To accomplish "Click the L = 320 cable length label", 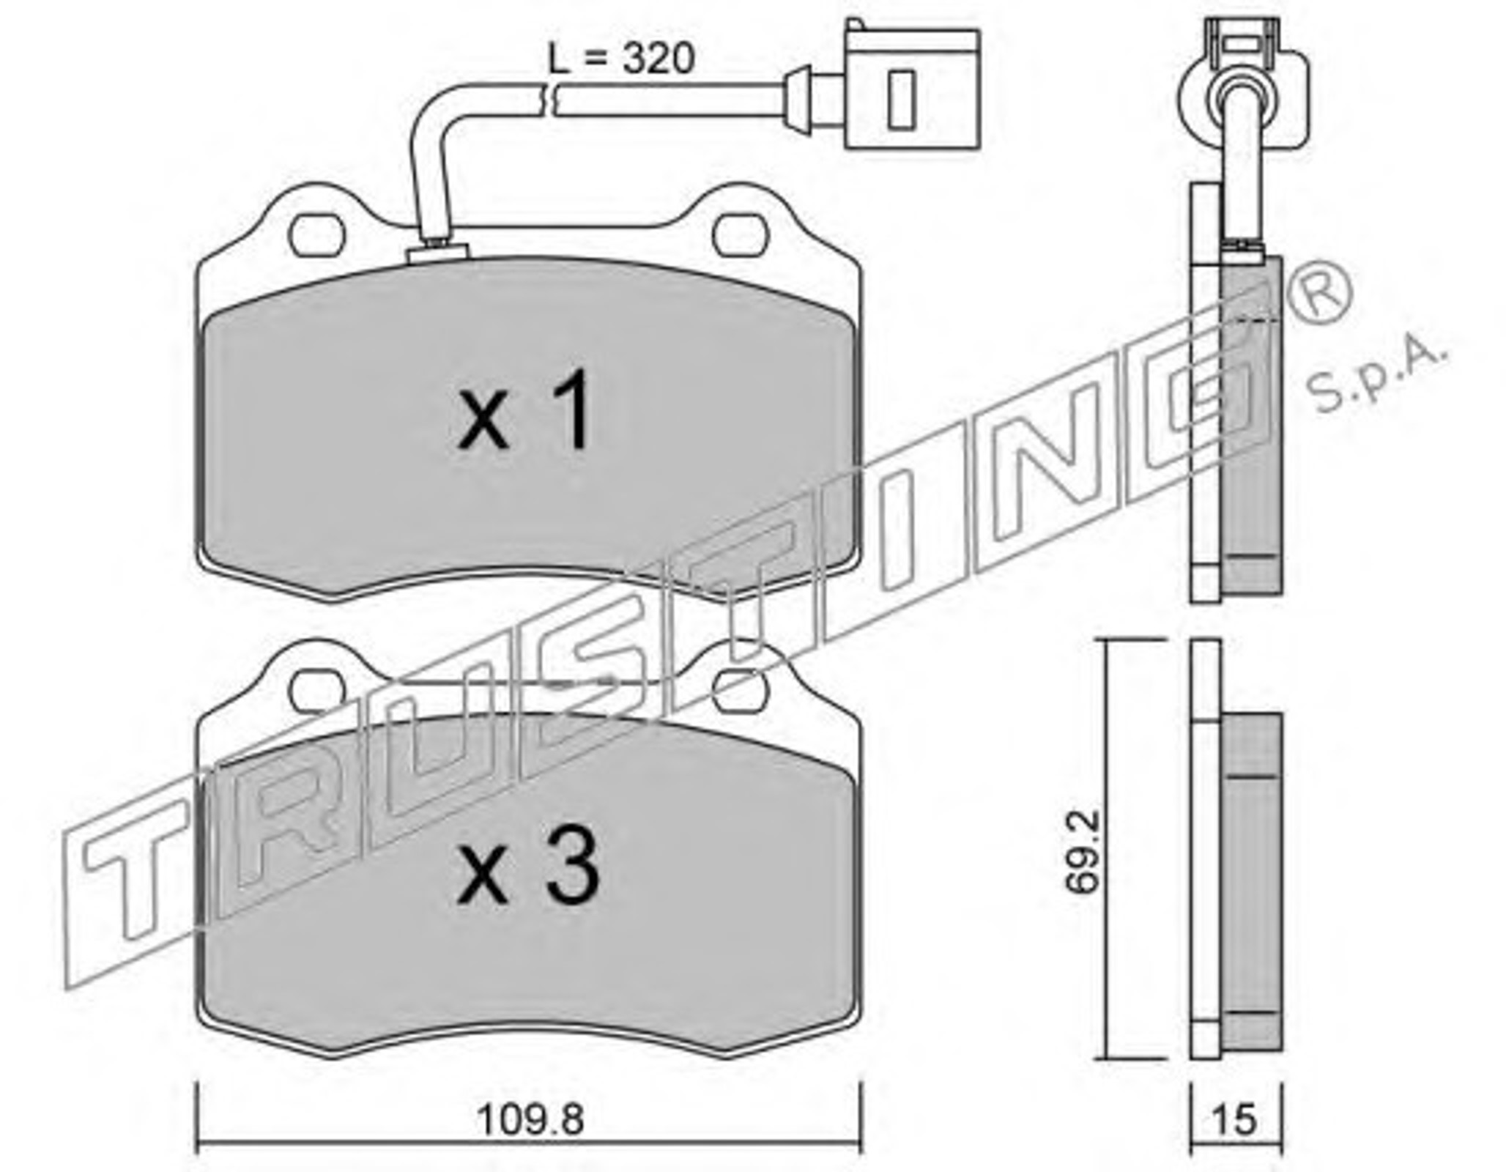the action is (621, 59).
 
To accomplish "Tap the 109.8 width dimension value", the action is (530, 1120).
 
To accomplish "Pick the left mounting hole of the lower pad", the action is (316, 690).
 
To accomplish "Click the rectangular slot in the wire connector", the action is (901, 100).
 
